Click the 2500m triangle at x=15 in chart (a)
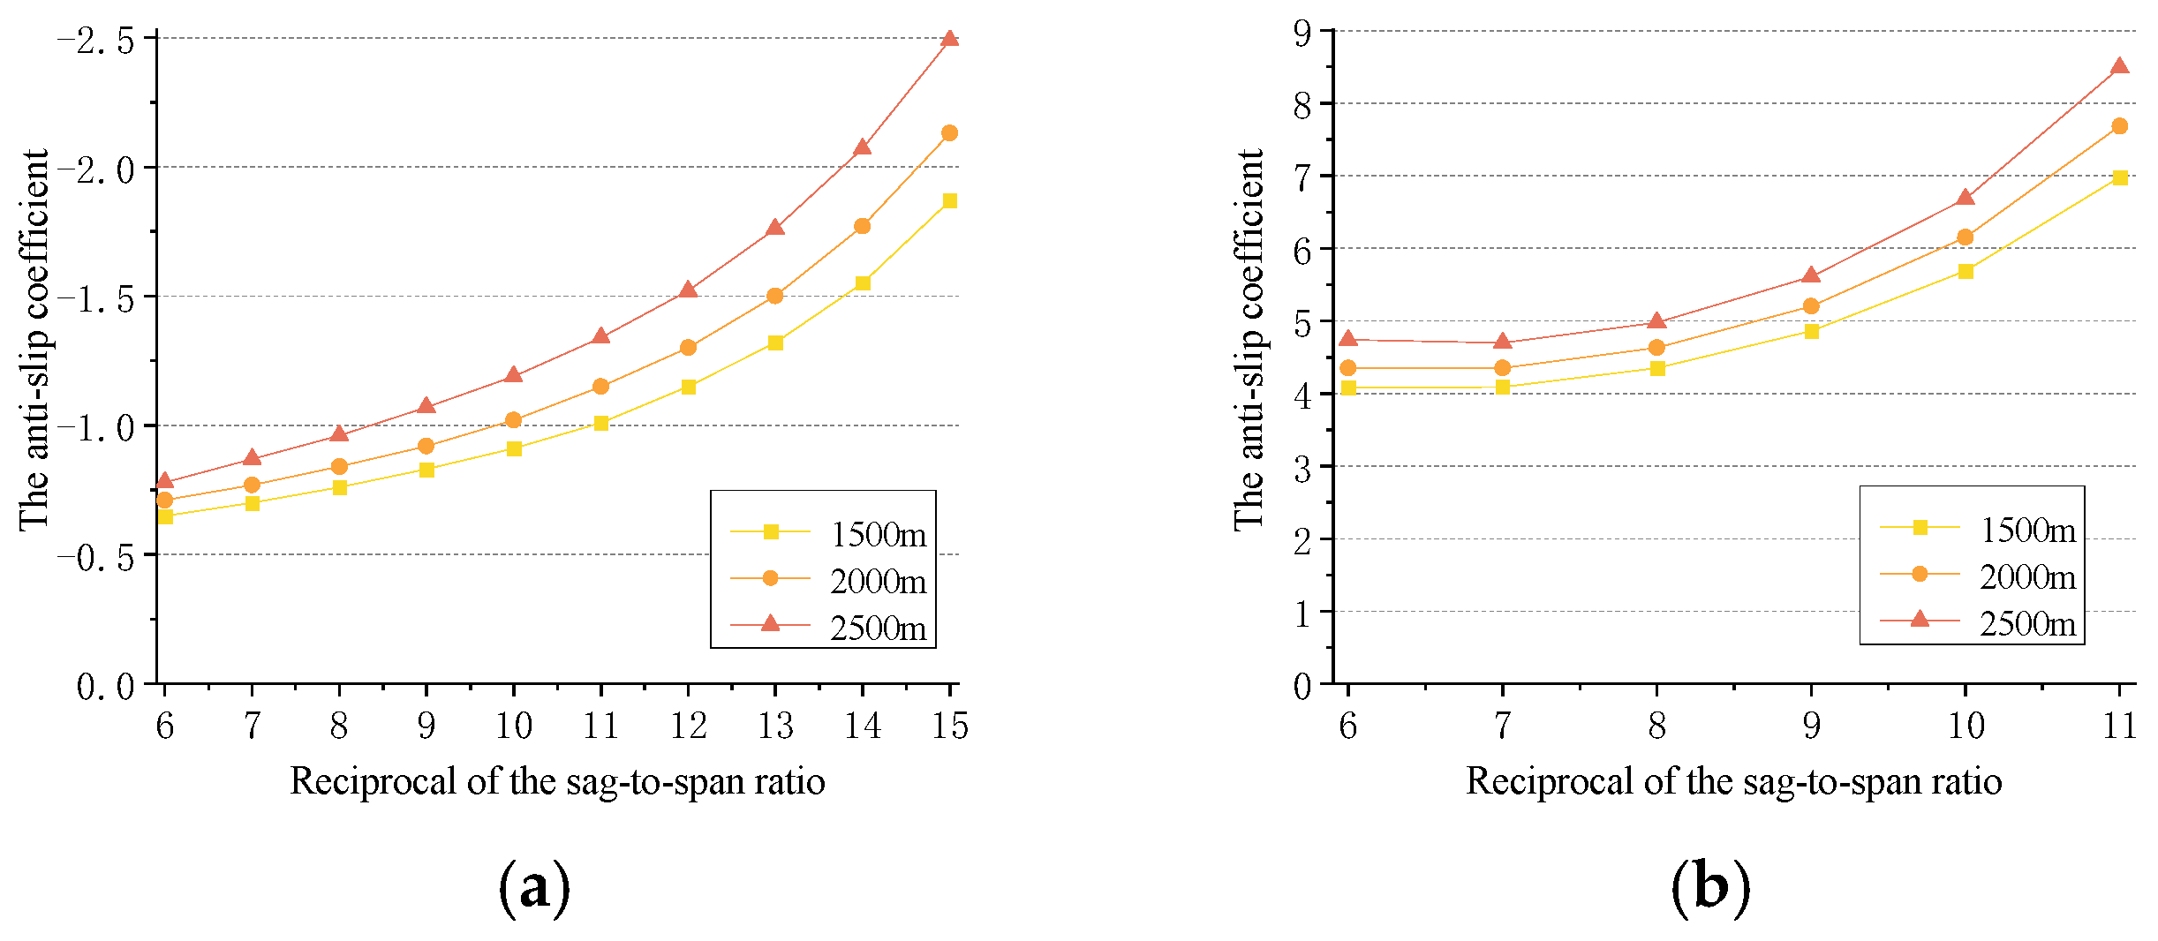949,39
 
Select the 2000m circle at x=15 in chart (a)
949,133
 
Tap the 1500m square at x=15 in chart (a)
949,201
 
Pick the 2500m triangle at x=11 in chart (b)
2119,66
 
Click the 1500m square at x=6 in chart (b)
1348,388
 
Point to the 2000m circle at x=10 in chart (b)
1965,237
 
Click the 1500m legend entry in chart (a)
828,533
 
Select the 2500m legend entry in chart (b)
1978,622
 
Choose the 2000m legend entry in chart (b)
1978,576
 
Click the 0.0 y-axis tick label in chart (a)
106,686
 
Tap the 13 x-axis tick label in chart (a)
775,726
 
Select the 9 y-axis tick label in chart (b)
1302,34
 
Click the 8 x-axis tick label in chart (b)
1656,726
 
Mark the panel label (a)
534,888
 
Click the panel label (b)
1710,888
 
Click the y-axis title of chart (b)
1248,340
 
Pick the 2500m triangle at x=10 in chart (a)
513,375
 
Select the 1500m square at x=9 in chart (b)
1811,332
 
